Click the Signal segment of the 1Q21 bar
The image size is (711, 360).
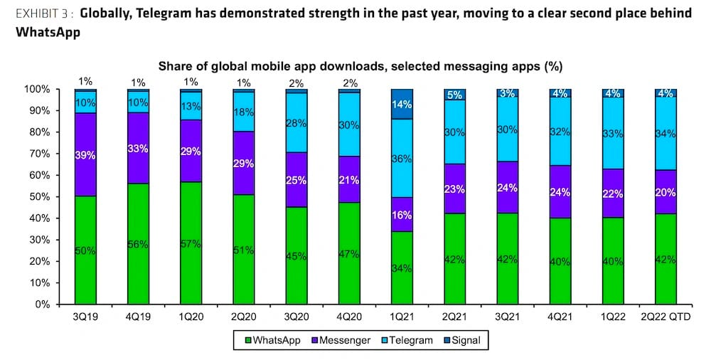(402, 104)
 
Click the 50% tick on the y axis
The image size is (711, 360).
(58, 196)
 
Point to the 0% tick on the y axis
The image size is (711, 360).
(61, 304)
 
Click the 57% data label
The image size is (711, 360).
(192, 245)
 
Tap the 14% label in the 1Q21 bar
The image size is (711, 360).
(402, 104)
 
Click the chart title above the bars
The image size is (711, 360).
(360, 67)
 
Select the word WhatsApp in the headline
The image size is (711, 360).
(48, 32)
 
